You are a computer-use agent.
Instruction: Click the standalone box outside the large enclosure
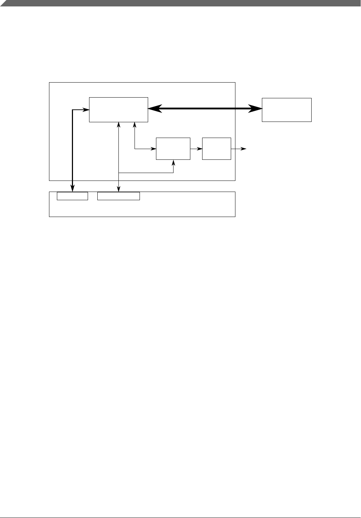(287, 109)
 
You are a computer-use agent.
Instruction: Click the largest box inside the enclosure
(118, 109)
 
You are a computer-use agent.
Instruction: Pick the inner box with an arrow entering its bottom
(173, 148)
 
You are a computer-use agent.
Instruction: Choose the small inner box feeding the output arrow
(216, 148)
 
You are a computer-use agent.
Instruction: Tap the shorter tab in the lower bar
(72, 196)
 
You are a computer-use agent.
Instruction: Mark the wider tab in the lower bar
(118, 196)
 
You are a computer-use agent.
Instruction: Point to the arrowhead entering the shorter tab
(73, 189)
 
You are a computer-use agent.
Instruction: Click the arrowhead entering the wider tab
(118, 189)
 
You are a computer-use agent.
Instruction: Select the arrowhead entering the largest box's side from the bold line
(86, 109)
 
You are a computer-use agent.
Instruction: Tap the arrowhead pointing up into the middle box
(174, 162)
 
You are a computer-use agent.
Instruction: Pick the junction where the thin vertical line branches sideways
(118, 173)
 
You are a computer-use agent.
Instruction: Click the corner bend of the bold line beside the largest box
(73, 109)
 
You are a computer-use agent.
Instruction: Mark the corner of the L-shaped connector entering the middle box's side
(135, 148)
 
